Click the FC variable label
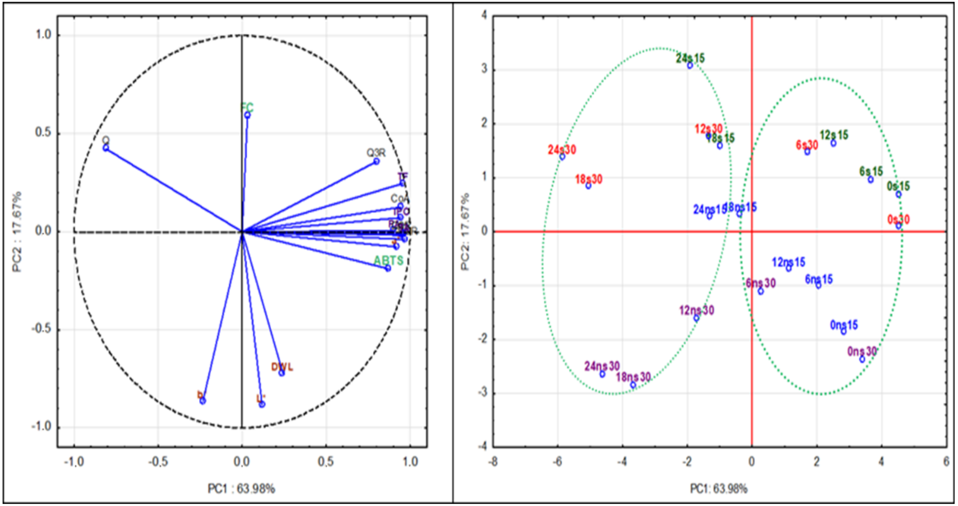pyautogui.click(x=247, y=108)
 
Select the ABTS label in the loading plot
pyautogui.click(x=388, y=261)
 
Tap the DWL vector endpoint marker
pyautogui.click(x=282, y=373)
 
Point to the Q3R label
pyautogui.click(x=376, y=153)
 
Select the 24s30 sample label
pyautogui.click(x=562, y=150)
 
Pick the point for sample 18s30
pyautogui.click(x=588, y=186)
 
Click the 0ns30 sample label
pyautogui.click(x=862, y=351)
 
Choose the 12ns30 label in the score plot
pyautogui.click(x=696, y=310)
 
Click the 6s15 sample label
pyautogui.click(x=871, y=172)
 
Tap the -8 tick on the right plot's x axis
pyautogui.click(x=493, y=462)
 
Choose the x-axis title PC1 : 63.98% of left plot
pyautogui.click(x=241, y=489)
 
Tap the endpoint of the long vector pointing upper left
pyautogui.click(x=106, y=148)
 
